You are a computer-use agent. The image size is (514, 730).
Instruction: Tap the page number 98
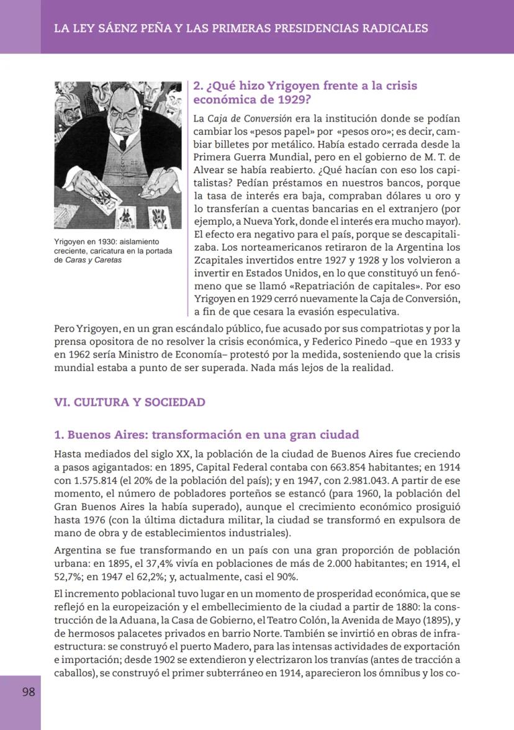click(29, 692)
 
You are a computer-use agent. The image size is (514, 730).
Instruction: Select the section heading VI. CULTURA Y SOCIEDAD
click(130, 402)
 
